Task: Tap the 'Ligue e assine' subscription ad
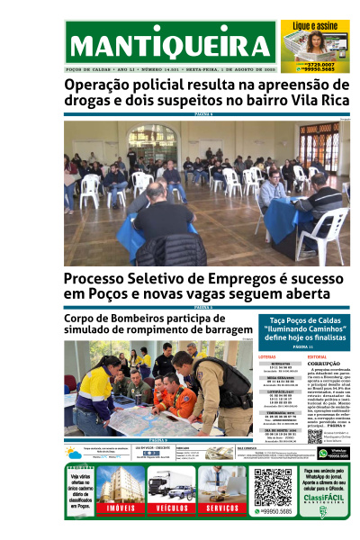coord(314,45)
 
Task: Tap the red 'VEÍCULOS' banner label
coord(169,508)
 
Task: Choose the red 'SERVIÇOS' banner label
coord(220,508)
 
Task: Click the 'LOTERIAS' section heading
coord(267,356)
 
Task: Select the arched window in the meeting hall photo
coord(154,143)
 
